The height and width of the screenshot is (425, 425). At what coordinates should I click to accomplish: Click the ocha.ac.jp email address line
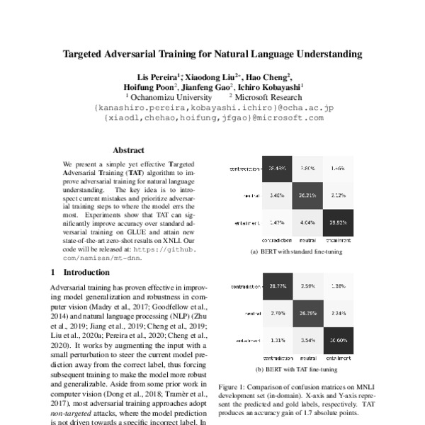(213, 107)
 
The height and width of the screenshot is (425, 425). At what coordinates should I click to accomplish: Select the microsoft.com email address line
(213, 118)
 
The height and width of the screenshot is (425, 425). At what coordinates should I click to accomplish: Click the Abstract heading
(128, 150)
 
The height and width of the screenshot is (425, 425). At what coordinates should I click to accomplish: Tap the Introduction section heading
(83, 272)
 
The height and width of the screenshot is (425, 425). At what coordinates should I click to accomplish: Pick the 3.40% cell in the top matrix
(278, 194)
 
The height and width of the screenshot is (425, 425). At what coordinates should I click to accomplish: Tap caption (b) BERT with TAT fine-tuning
(297, 369)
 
